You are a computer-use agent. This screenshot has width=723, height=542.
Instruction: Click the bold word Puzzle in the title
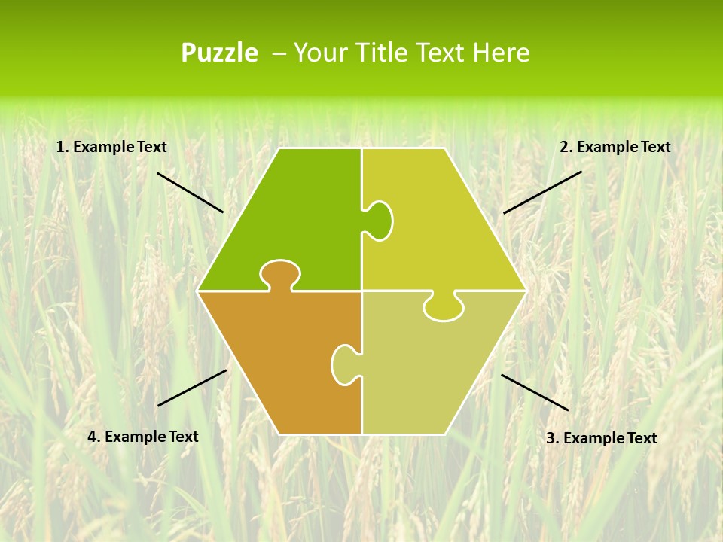pos(219,53)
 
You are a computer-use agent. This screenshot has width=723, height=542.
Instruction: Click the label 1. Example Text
pos(111,148)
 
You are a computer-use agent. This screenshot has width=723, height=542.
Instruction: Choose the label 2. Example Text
pos(615,148)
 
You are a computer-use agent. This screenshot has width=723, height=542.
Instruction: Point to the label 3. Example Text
pos(601,438)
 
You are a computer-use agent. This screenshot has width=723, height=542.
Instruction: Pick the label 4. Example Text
pos(143,437)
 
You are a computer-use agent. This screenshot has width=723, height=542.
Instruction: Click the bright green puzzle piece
pos(301,218)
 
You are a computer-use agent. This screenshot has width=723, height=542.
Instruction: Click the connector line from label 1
pos(190,192)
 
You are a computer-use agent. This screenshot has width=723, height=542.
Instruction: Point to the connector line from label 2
pos(542,192)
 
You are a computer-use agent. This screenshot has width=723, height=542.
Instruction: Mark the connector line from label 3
pos(535,392)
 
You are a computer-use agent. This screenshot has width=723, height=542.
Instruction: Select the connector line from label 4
pos(192,388)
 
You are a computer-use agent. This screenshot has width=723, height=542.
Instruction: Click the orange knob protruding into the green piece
pos(280,274)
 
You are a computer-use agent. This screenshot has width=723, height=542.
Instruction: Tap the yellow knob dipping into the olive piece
pos(444,307)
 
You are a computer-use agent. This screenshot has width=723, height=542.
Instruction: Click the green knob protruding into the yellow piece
pos(379,220)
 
